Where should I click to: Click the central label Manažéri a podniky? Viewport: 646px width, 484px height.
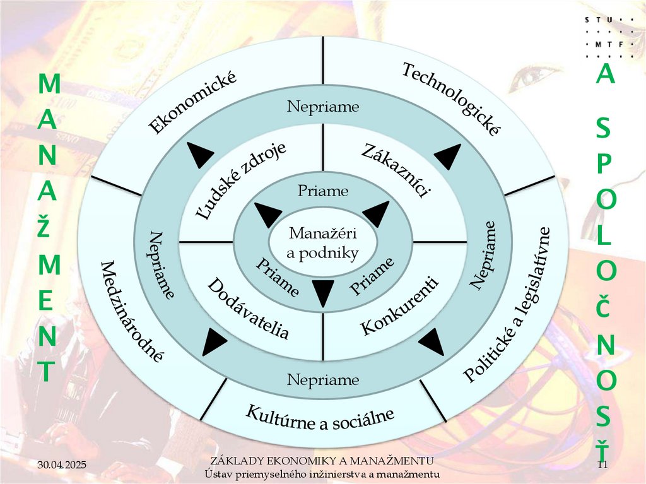(x=323, y=243)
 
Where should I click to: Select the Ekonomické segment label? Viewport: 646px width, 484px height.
(x=192, y=103)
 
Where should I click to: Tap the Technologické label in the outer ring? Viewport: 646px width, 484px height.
(x=451, y=98)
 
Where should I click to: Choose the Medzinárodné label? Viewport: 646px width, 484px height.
(x=132, y=310)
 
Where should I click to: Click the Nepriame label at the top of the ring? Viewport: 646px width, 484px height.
(x=323, y=107)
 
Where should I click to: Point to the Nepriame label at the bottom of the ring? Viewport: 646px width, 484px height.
(x=323, y=380)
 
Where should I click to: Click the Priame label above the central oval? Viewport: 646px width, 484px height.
(x=323, y=191)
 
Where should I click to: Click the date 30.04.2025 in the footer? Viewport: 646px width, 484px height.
(x=61, y=466)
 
